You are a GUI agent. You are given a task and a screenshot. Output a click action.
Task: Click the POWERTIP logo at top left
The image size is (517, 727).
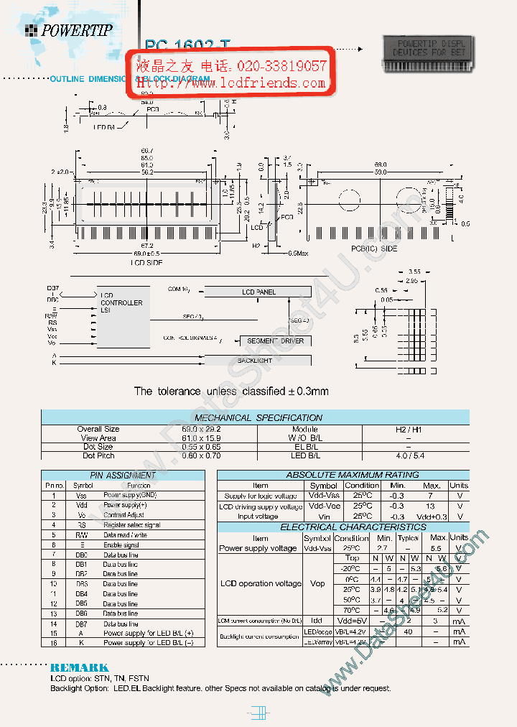69,30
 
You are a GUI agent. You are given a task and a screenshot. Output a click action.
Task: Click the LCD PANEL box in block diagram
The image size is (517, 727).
258,292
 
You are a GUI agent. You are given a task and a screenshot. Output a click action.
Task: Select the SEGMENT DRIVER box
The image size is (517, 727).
275,341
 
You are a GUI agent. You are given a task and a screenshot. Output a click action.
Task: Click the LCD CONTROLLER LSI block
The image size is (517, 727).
124,316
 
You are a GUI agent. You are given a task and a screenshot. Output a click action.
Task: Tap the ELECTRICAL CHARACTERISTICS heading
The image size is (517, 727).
343,527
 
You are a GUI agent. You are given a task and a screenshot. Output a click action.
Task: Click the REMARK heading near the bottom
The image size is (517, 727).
80,667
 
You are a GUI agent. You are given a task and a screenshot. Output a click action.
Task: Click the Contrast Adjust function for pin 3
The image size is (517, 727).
124,515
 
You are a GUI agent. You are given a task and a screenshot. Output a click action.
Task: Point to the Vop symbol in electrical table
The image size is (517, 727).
317,583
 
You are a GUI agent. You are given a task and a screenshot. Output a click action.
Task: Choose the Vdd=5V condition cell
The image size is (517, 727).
352,620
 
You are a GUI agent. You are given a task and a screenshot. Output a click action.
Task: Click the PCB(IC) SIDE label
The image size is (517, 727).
373,249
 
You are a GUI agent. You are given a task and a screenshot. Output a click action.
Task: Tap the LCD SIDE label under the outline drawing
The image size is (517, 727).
146,263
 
